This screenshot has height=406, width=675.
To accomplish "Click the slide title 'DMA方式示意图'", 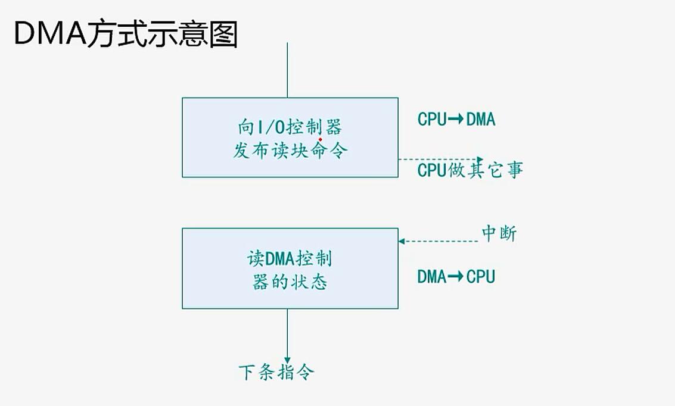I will point(126,35).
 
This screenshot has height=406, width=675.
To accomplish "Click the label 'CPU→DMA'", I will point(456,120).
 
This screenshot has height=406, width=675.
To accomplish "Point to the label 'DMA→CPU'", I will point(456,277).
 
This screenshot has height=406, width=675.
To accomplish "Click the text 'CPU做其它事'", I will point(470,170).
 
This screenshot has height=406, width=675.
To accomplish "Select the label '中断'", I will point(499,234).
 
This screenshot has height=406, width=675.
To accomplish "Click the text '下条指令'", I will point(276,373).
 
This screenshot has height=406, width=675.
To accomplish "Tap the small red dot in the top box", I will point(321,140).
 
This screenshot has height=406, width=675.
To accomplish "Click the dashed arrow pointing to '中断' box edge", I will point(438,241).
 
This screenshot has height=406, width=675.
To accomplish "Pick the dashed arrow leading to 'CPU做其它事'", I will point(438,160).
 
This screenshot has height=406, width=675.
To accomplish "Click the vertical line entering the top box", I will point(288,70).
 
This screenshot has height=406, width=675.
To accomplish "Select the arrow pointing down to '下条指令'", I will point(288,333).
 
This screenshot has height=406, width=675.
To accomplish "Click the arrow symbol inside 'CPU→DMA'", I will point(456,120).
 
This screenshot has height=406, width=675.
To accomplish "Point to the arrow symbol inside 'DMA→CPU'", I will point(456,277).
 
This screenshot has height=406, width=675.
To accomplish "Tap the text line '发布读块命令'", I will point(290,151).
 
